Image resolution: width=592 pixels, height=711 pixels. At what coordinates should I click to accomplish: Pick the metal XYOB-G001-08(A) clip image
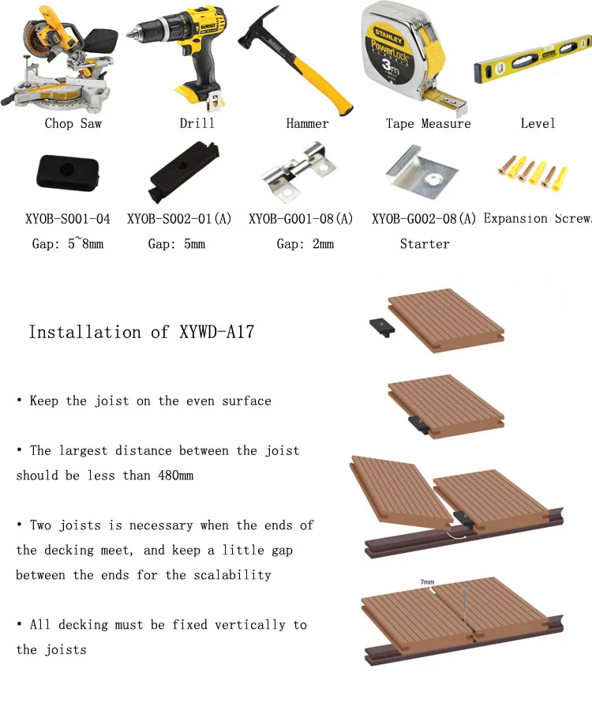305,171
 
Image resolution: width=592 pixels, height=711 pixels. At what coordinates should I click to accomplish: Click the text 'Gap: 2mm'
305,244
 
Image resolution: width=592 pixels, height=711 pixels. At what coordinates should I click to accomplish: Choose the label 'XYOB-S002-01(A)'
179,219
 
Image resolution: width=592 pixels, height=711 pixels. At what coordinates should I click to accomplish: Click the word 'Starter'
425,244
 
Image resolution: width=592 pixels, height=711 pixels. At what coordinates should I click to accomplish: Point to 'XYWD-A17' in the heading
218,332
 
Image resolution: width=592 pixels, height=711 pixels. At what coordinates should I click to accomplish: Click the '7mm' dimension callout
427,582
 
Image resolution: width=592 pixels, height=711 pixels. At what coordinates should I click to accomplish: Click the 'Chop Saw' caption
73,123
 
